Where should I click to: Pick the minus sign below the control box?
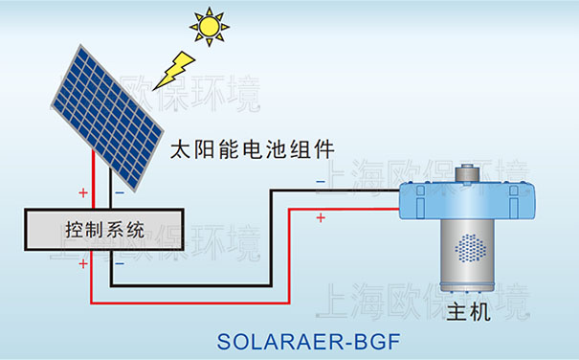pos(120,263)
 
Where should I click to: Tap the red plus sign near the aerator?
pos(320,218)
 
